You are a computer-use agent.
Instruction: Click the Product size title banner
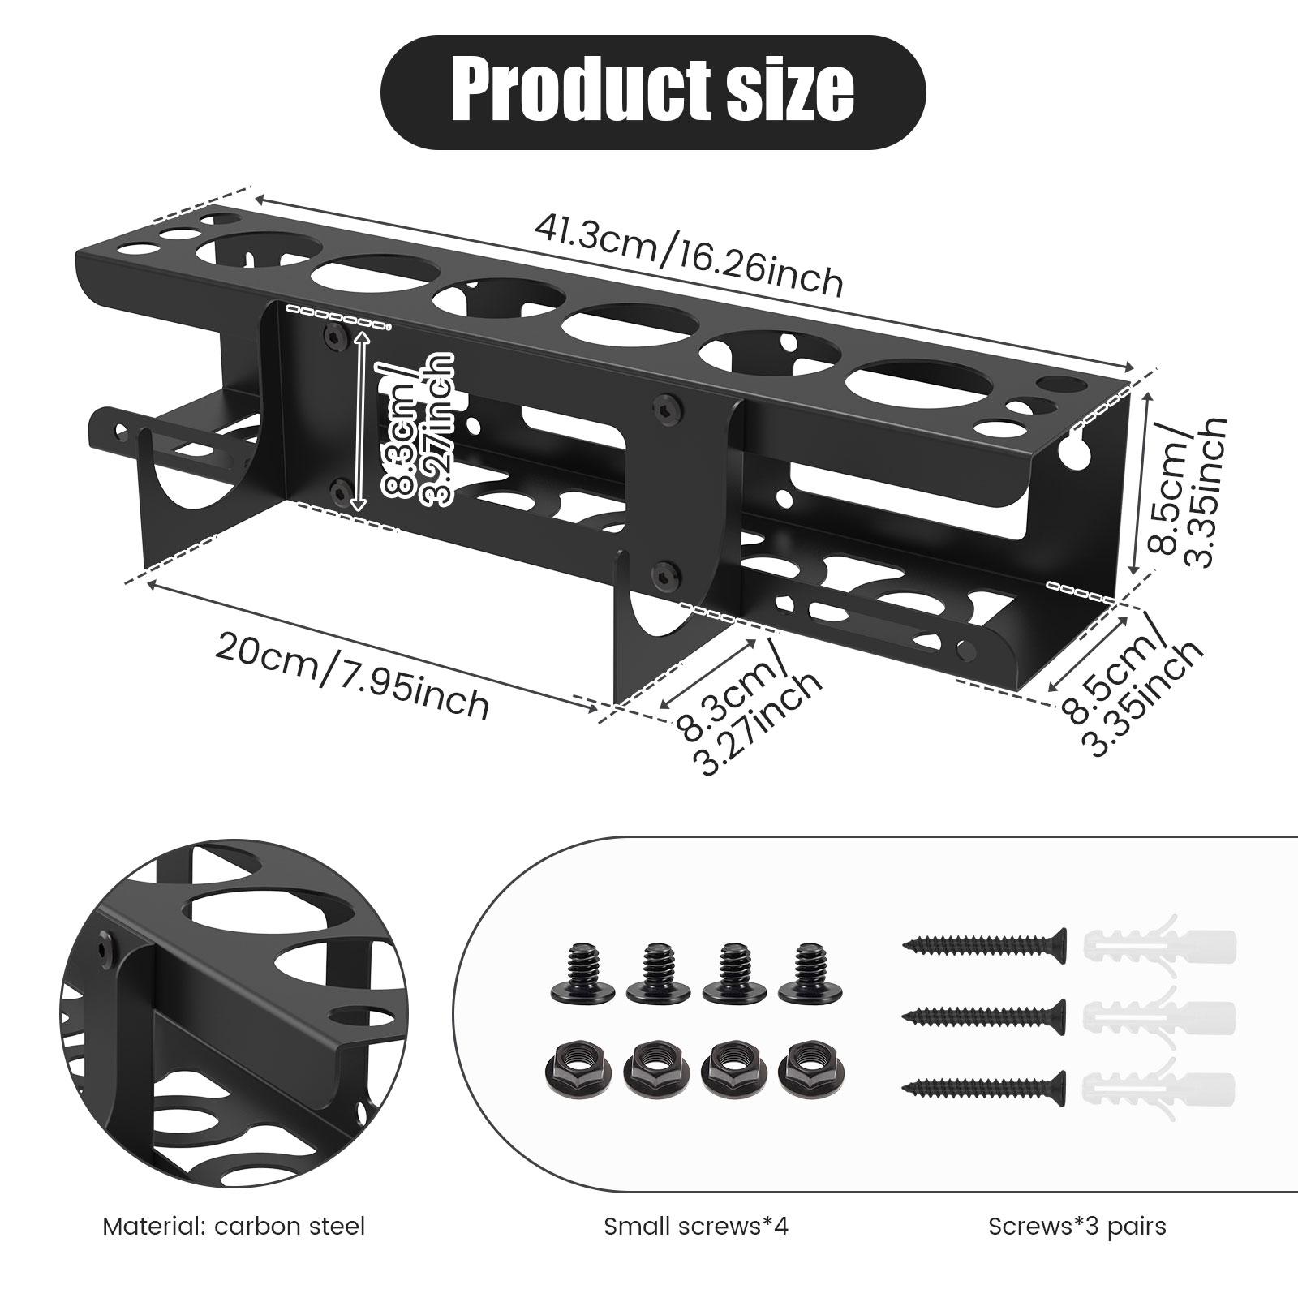[653, 92]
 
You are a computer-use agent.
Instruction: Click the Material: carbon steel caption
[234, 1226]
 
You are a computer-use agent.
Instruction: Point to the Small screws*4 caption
[696, 1226]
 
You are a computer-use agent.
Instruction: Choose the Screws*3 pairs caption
[1077, 1226]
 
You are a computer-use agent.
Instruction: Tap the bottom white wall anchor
[1160, 1085]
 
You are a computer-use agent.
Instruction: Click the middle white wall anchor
[1160, 1014]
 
